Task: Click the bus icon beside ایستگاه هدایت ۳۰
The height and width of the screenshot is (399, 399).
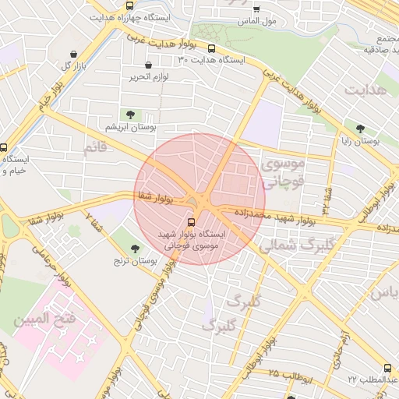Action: [211, 48]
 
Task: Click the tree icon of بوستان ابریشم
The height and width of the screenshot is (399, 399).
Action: [129, 115]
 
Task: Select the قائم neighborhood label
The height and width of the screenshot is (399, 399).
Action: [94, 147]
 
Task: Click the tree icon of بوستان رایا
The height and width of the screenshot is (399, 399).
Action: [359, 129]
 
